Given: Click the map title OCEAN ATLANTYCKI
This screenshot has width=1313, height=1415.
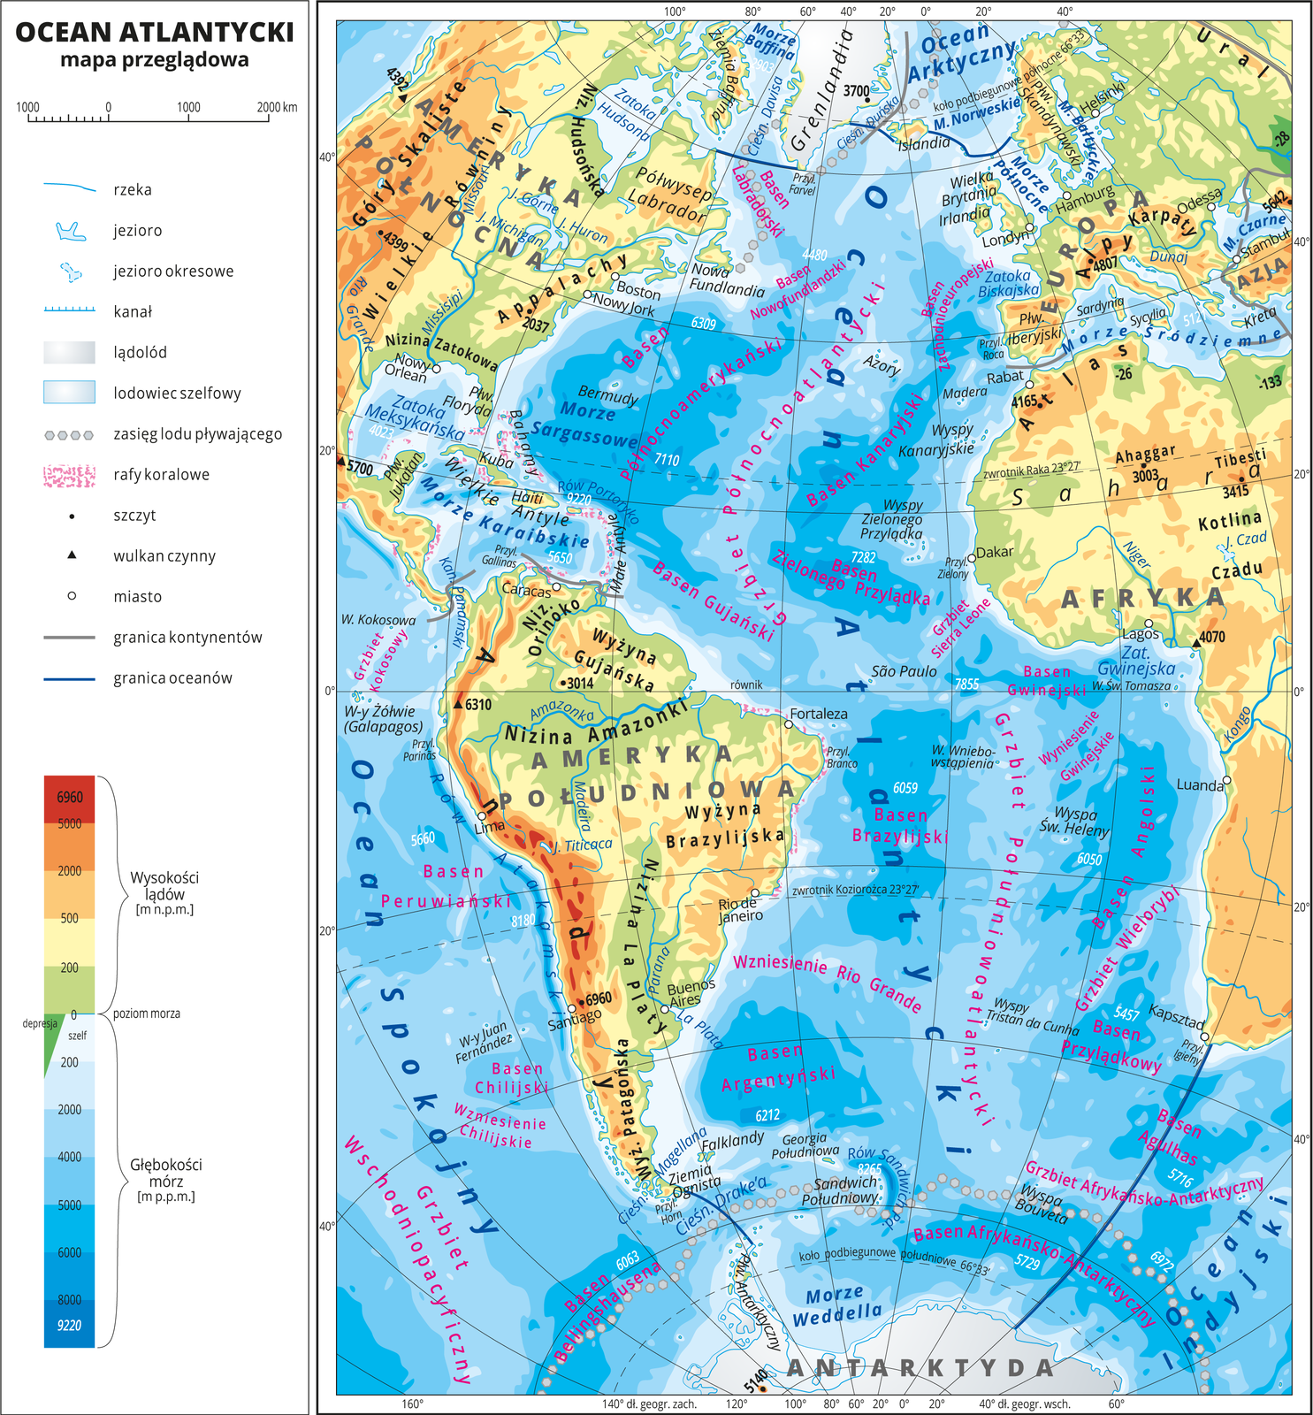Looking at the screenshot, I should point(155,32).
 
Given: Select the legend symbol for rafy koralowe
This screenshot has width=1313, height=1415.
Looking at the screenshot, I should point(69,475).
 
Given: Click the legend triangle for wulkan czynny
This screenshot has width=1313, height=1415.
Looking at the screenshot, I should point(72,555).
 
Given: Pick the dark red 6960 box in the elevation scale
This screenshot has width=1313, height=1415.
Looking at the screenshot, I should point(69,797).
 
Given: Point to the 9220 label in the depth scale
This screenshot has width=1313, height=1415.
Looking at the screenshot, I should point(69,1325).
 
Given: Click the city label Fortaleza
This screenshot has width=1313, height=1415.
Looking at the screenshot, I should point(818,713).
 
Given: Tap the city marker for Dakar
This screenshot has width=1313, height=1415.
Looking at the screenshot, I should point(971,557).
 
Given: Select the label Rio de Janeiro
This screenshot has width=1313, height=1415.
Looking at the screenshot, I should point(739,908).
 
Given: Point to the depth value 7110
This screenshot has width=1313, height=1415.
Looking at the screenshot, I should point(667,460).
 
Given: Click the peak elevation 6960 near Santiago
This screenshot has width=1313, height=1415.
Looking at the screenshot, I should point(599,998).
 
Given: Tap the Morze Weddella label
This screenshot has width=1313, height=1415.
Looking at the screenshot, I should point(836,1305).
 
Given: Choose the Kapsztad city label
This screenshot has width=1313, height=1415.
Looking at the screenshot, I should point(1176,1015).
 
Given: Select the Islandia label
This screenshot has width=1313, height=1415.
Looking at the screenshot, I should point(924,143).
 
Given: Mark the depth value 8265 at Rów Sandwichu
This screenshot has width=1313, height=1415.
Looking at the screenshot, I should point(869,1169).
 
